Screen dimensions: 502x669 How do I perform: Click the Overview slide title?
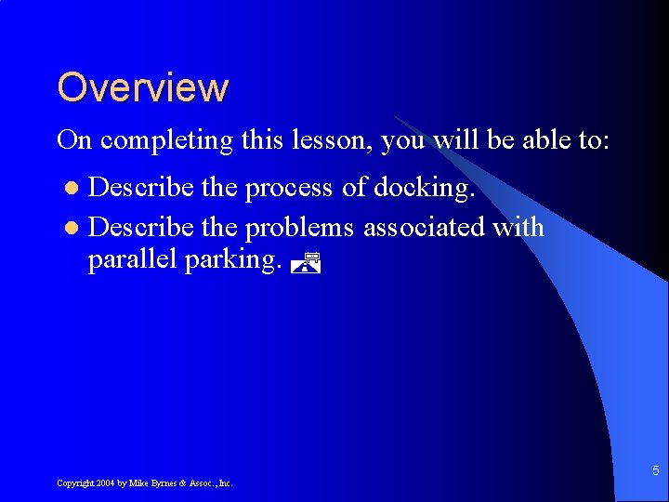pos(142,87)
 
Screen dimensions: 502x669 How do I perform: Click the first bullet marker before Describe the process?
pos(74,189)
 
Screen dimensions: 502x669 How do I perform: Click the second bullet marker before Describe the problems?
pos(74,228)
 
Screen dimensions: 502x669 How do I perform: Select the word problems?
pos(299,227)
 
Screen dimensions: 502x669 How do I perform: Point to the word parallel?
pos(132,259)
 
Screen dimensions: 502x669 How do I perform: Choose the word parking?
pos(234,260)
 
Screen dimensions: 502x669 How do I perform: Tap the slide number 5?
pos(655,470)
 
